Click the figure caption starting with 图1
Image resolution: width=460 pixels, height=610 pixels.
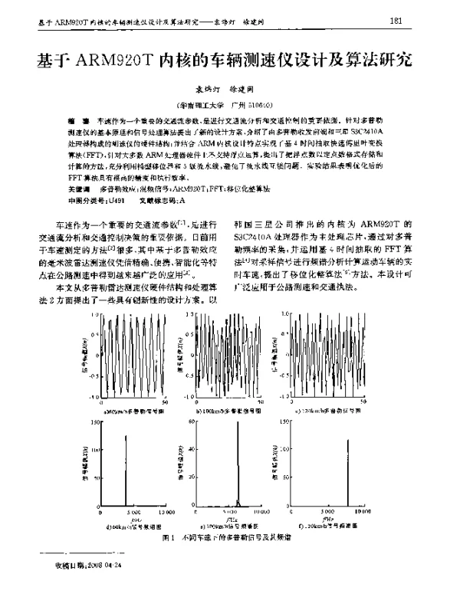click(229, 539)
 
